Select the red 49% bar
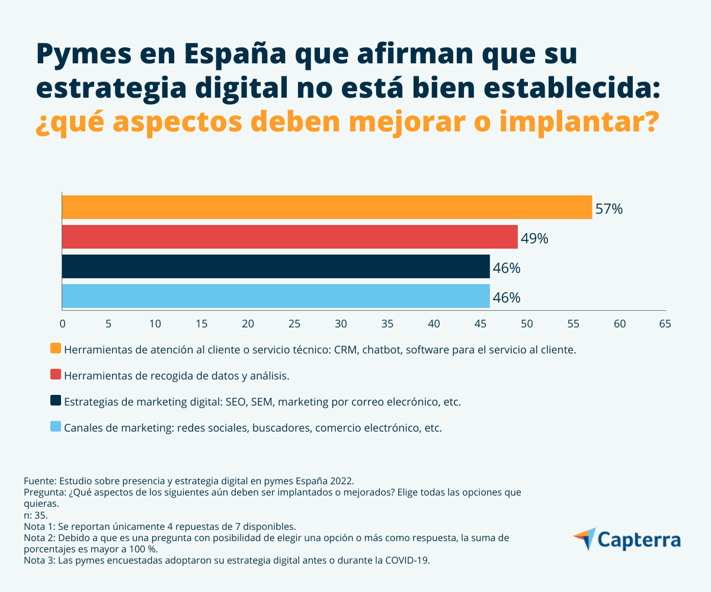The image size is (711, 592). point(290,237)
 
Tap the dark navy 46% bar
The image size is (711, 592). point(276,266)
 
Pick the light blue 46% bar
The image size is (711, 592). point(276,296)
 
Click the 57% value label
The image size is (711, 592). point(609,209)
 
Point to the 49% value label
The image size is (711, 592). point(534,239)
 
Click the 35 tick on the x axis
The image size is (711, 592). point(387,324)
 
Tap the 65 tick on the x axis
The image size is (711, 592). point(665,324)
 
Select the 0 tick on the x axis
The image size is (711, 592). point(62,324)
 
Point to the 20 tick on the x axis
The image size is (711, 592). point(248,324)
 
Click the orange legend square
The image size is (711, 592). point(56,349)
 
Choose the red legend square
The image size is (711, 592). point(56,375)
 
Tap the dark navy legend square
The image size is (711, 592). point(56,401)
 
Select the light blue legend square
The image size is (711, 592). point(56,426)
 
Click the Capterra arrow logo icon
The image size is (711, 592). point(585,539)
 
